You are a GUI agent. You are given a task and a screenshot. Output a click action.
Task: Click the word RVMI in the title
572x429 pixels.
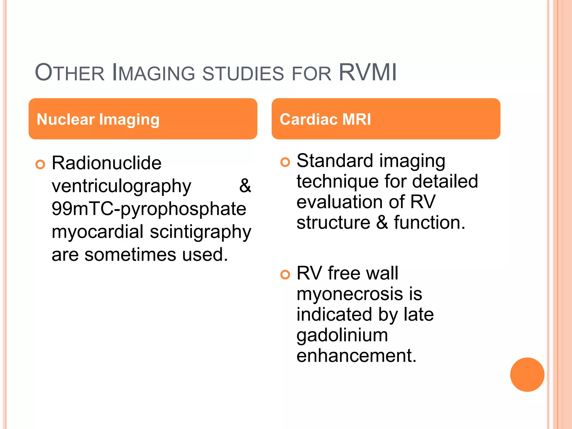pyautogui.click(x=368, y=73)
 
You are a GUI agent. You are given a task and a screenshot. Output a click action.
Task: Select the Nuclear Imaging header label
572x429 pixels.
pyautogui.click(x=98, y=119)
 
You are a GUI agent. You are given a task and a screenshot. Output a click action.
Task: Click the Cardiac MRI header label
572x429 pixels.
pyautogui.click(x=325, y=119)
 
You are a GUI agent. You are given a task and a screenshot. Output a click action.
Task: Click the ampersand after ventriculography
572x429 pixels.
pyautogui.click(x=245, y=186)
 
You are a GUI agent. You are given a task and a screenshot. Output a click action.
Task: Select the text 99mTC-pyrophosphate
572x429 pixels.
pyautogui.click(x=149, y=209)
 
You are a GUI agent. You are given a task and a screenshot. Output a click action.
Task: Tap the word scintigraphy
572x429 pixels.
pyautogui.click(x=201, y=232)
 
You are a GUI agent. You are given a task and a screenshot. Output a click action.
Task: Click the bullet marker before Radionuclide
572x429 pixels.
pyautogui.click(x=40, y=164)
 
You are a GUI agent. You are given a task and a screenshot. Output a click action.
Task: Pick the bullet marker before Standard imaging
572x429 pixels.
pyautogui.click(x=285, y=162)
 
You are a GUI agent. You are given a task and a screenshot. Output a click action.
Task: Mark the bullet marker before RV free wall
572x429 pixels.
pyautogui.click(x=285, y=275)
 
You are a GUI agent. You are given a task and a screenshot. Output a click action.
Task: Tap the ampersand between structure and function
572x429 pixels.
pyautogui.click(x=382, y=223)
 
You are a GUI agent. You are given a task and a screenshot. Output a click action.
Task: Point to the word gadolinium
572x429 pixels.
pyautogui.click(x=342, y=335)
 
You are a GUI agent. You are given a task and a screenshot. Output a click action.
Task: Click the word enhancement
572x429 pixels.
pyautogui.click(x=356, y=356)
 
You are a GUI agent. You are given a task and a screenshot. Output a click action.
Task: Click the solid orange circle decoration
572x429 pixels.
pyautogui.click(x=527, y=375)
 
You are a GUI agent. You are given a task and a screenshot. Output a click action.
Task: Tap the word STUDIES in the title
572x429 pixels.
pyautogui.click(x=243, y=74)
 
